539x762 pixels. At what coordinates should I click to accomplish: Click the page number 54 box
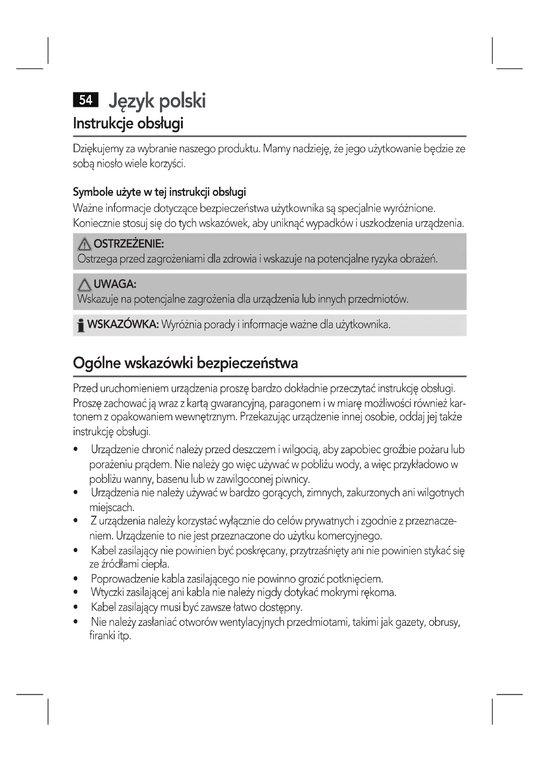tap(86, 100)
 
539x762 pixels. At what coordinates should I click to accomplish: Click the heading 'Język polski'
tap(157, 101)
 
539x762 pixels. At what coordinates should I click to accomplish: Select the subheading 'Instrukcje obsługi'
tap(128, 123)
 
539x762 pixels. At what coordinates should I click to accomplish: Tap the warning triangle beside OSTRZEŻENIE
tap(84, 245)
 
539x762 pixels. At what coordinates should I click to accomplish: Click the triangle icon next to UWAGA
tap(84, 285)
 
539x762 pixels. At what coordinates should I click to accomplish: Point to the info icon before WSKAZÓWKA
tap(80, 325)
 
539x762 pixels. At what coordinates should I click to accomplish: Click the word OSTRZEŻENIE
tap(129, 244)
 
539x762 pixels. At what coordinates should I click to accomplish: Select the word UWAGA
tap(115, 284)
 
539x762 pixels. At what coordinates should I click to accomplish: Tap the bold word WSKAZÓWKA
tap(123, 324)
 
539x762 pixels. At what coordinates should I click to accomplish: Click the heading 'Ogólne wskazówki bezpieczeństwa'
tap(185, 363)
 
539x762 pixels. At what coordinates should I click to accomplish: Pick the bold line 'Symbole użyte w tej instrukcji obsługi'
tap(159, 192)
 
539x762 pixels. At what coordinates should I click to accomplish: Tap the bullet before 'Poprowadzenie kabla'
tap(76, 579)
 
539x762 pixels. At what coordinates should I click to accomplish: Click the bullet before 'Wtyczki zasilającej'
tap(76, 592)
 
